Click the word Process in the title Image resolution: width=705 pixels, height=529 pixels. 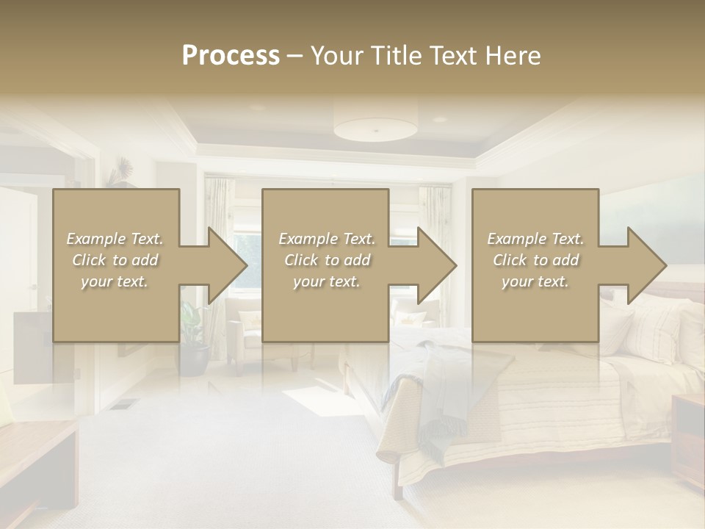tap(231, 56)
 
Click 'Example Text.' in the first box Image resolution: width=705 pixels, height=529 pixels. tap(115, 239)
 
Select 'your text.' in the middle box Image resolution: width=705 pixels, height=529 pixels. tap(326, 281)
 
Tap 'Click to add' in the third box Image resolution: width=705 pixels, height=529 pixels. tap(535, 260)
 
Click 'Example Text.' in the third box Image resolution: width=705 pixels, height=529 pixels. tap(535, 239)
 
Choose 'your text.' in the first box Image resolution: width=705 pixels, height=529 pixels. tap(115, 281)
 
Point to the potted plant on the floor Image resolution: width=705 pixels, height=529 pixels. tap(193, 345)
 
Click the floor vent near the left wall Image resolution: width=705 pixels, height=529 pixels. tap(125, 403)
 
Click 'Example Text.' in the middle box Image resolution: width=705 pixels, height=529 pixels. tap(327, 239)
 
